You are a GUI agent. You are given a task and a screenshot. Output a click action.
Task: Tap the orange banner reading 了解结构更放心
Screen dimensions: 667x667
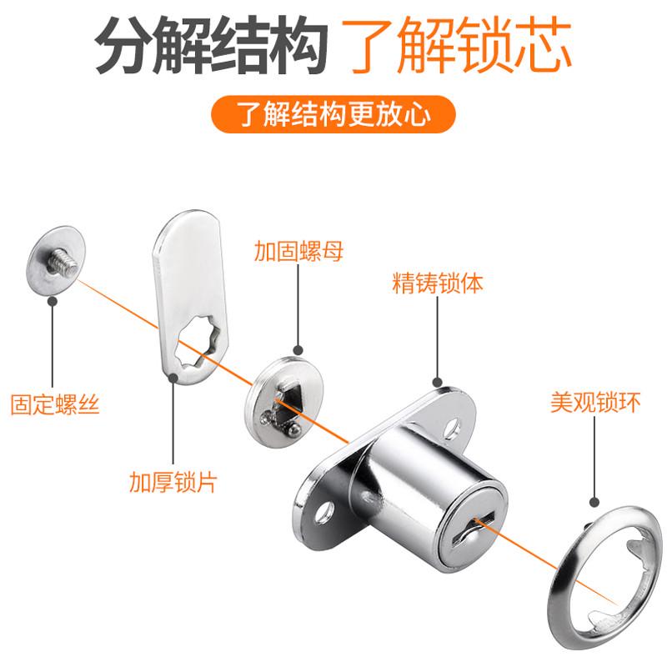(333, 114)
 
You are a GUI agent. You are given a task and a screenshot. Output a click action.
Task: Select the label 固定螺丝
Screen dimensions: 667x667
(55, 406)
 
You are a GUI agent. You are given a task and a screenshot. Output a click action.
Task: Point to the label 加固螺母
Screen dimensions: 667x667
(298, 251)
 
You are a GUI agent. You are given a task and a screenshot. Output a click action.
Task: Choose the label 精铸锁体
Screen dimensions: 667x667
(438, 283)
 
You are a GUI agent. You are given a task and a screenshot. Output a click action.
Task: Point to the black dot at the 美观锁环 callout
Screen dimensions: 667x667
(595, 503)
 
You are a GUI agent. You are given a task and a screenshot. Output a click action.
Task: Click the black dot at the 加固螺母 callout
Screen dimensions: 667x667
(298, 350)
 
